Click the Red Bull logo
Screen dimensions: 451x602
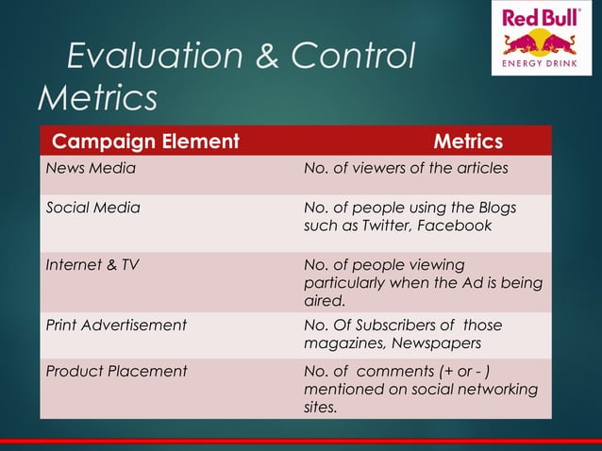click(541, 38)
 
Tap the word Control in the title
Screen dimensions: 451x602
click(353, 58)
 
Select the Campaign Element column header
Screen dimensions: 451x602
click(145, 142)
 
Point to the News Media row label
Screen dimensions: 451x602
click(91, 169)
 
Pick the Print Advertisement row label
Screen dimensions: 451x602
click(116, 326)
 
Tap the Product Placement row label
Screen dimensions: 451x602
click(116, 371)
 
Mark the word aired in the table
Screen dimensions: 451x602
click(323, 301)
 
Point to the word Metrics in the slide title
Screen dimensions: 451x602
click(96, 97)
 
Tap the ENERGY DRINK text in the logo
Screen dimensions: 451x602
click(541, 63)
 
